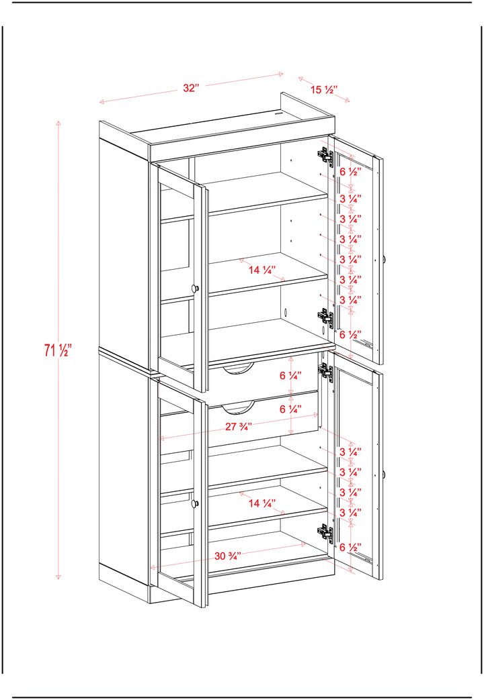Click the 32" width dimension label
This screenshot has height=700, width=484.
point(190,87)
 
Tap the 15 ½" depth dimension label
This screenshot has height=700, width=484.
point(323,89)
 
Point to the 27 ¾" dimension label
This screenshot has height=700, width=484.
point(239,426)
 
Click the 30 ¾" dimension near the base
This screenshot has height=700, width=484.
point(228,556)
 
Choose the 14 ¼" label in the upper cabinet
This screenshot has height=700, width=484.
point(261,270)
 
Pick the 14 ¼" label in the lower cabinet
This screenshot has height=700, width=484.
point(261,503)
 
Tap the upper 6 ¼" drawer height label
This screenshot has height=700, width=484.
point(290,375)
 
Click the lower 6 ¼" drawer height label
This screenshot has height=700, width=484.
point(290,409)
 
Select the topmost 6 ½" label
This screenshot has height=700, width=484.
point(350,172)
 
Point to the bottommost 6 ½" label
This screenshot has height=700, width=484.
point(350,547)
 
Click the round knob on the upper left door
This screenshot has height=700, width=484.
point(195,289)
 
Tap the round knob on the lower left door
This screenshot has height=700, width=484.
point(195,503)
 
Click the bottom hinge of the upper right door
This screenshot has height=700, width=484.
point(325,317)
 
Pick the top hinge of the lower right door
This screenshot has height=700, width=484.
point(325,371)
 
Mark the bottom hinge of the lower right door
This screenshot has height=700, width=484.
point(325,533)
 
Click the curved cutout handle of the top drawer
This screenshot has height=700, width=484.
point(239,370)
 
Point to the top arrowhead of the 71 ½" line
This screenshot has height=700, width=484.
point(58,122)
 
